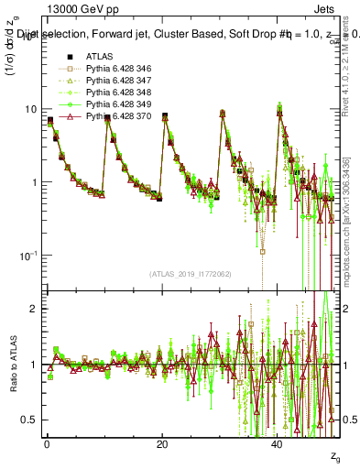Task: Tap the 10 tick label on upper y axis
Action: pos(31,109)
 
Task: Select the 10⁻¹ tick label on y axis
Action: pos(29,254)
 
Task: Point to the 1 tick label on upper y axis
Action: pos(34,182)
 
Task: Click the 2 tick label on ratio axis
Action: pos(35,309)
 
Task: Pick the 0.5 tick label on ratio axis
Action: pos(30,420)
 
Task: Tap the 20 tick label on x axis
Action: pos(162,443)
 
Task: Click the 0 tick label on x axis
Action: pos(47,443)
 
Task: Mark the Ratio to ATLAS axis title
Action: pos(12,364)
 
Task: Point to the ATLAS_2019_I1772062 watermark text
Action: pos(191,274)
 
